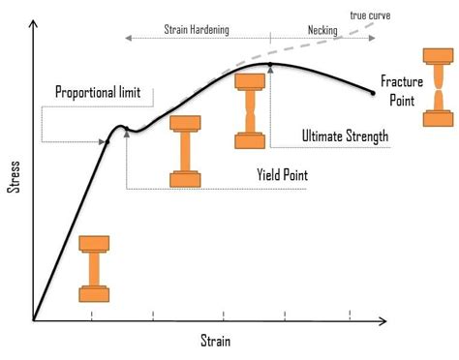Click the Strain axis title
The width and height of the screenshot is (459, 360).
point(216,341)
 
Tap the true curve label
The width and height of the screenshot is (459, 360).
point(370,15)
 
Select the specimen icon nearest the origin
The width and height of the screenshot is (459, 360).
point(95,267)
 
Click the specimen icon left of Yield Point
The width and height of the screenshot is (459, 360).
point(185,151)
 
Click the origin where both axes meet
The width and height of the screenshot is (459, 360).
point(33,320)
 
